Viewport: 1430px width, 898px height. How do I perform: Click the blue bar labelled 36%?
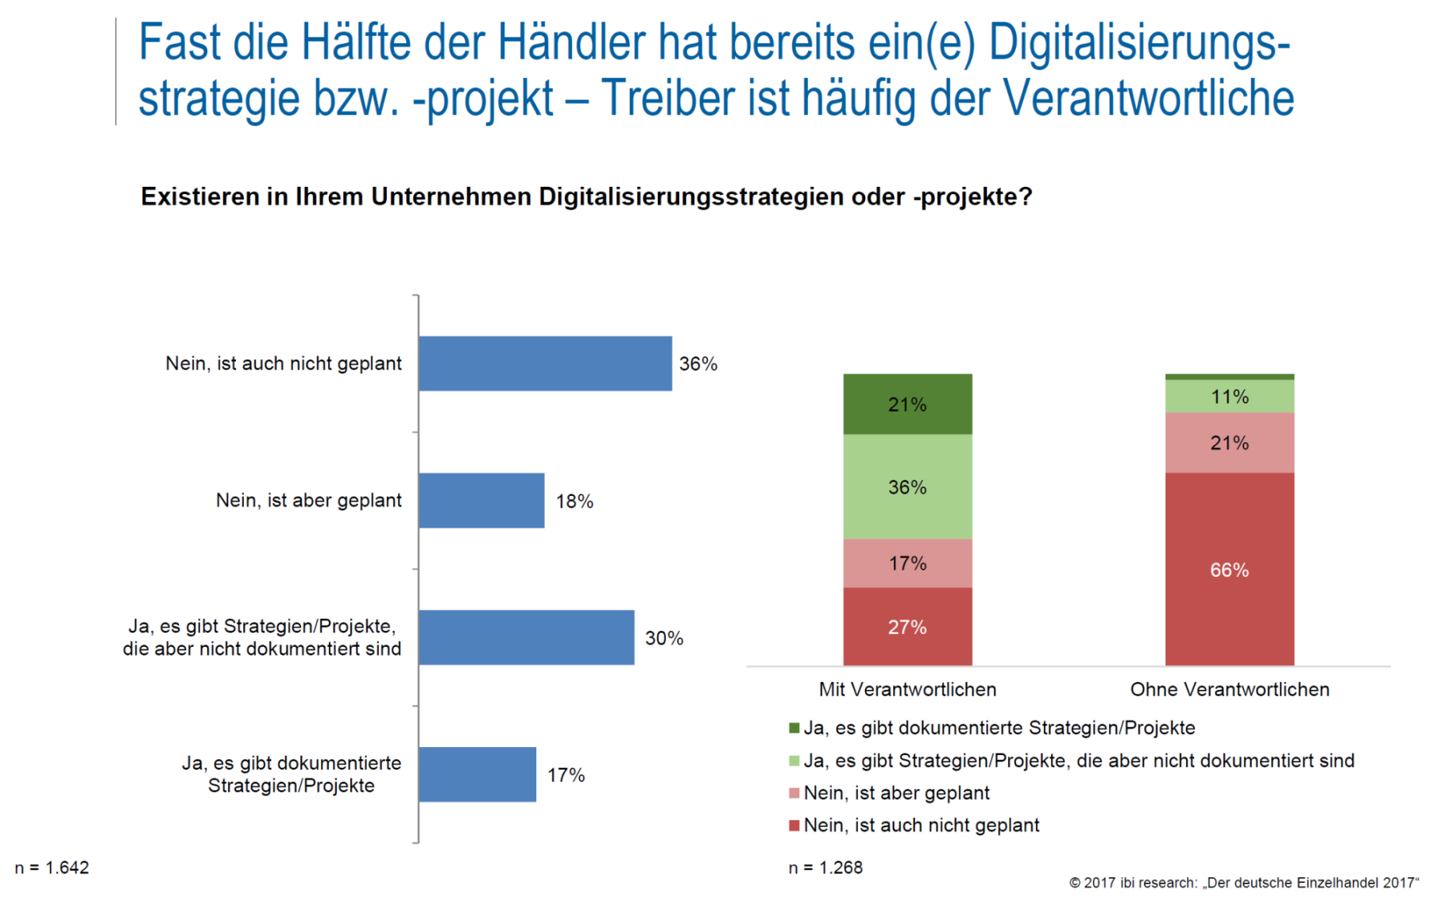coord(545,363)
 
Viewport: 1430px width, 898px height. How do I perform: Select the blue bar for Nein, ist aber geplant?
coord(481,501)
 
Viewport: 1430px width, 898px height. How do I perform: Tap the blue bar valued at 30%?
coord(526,637)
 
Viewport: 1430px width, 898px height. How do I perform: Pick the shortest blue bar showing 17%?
coord(477,774)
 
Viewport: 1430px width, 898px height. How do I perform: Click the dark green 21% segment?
coord(907,404)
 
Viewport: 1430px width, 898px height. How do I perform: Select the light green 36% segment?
coord(907,487)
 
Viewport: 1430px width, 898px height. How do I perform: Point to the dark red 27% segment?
coord(907,627)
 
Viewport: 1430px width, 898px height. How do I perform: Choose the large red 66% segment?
coord(1229,570)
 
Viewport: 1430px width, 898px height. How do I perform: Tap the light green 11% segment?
coord(1229,397)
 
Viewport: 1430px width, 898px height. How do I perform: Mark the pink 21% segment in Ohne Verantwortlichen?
coord(1229,443)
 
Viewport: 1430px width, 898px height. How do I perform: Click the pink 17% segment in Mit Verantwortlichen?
coord(907,563)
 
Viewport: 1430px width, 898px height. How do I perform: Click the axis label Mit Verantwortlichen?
coord(907,689)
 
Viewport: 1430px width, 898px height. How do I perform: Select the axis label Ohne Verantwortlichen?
coord(1229,689)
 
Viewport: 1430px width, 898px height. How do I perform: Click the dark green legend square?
coord(794,728)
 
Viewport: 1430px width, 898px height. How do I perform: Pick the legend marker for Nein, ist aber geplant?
coord(794,793)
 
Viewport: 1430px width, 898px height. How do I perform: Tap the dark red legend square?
coord(794,826)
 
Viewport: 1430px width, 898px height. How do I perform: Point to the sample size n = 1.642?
coord(52,868)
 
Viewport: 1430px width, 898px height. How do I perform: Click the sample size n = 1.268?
coord(825,868)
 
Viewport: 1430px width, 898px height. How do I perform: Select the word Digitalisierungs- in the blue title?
coord(1139,43)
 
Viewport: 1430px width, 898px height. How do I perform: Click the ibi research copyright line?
coord(1243,883)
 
